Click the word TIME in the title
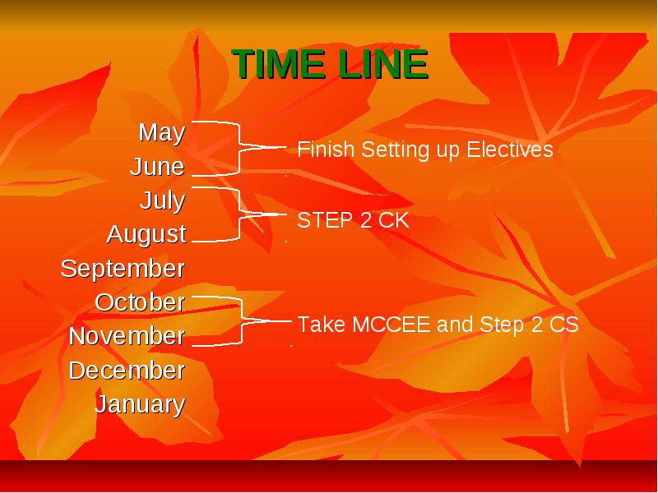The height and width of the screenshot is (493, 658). pyautogui.click(x=278, y=64)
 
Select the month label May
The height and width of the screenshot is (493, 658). pyautogui.click(x=162, y=133)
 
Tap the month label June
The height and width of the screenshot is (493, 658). pyautogui.click(x=157, y=167)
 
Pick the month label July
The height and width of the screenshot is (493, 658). pyautogui.click(x=163, y=200)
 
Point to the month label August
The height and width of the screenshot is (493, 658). pyautogui.click(x=146, y=235)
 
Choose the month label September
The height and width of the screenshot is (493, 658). pyautogui.click(x=123, y=270)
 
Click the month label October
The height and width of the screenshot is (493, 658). pyautogui.click(x=140, y=302)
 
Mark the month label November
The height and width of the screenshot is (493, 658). pyautogui.click(x=127, y=336)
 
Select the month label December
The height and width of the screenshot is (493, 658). pyautogui.click(x=127, y=371)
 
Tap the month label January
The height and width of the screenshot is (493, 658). pyautogui.click(x=140, y=404)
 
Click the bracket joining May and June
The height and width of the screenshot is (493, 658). pyautogui.click(x=239, y=148)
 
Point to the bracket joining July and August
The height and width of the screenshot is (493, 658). pyautogui.click(x=239, y=214)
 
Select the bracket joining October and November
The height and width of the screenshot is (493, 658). pyautogui.click(x=243, y=321)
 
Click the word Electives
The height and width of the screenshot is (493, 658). pyautogui.click(x=510, y=150)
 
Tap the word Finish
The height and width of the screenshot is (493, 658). pyautogui.click(x=326, y=150)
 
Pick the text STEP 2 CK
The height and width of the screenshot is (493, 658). pyautogui.click(x=354, y=220)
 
